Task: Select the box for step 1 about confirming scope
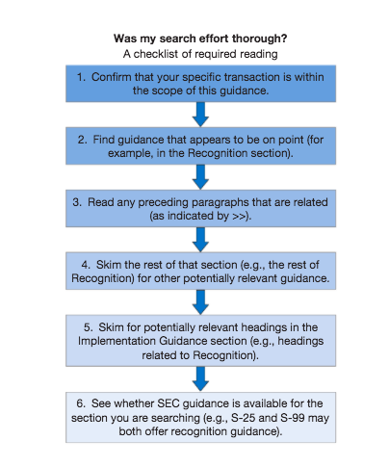pos(200,84)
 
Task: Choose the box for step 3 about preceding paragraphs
pos(200,205)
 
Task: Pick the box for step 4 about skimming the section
pos(200,266)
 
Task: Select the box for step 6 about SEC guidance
pos(200,415)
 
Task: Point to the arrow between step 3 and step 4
pos(200,236)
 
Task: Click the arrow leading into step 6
pos(200,376)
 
